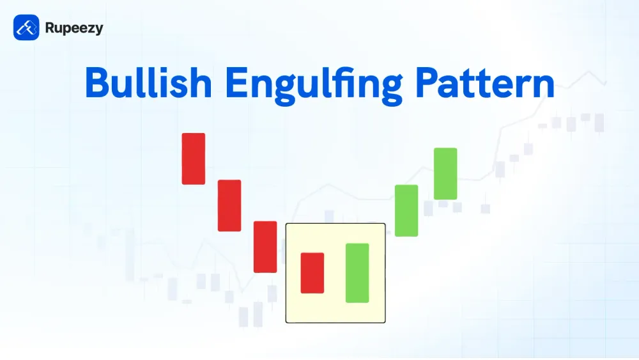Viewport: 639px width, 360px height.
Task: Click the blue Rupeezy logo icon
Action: click(x=26, y=27)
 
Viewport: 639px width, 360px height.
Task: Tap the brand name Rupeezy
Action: click(x=74, y=28)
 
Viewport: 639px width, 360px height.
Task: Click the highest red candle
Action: click(x=194, y=159)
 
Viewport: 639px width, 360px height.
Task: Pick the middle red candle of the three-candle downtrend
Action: click(x=229, y=205)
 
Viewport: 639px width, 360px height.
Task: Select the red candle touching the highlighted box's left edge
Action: click(x=265, y=247)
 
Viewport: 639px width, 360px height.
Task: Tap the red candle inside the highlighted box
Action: click(x=312, y=273)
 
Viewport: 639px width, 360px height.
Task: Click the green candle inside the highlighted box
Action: click(x=357, y=273)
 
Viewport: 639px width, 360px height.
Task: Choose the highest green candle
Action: click(x=445, y=174)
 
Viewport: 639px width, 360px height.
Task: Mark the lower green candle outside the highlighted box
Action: click(x=406, y=210)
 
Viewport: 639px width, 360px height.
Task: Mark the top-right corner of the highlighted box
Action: click(x=385, y=224)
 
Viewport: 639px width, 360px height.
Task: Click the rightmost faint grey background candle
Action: click(x=599, y=123)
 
